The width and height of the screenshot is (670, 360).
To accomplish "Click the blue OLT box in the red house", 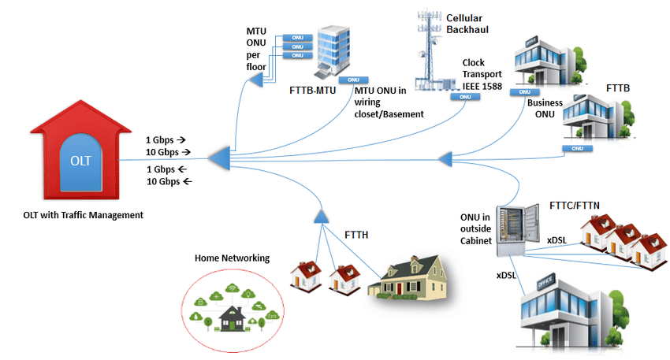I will tap(80, 162).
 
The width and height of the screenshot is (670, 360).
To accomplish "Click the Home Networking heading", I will tap(232, 258).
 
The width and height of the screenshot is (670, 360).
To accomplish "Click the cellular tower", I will tap(429, 51).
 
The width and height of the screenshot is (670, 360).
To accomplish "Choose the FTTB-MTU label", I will tap(314, 90).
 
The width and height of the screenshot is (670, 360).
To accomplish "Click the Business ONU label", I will tap(545, 109).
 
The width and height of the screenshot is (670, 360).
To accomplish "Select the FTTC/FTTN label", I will tap(575, 204).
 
